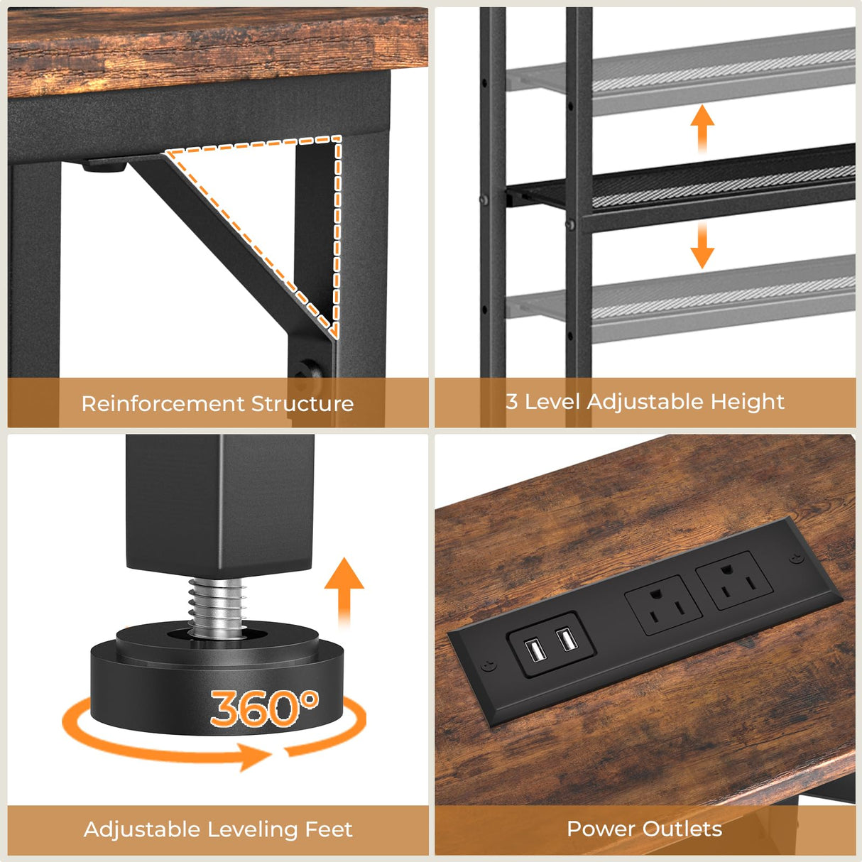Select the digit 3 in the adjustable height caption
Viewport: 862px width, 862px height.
pyautogui.click(x=511, y=401)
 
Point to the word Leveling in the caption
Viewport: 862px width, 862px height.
pyautogui.click(x=252, y=829)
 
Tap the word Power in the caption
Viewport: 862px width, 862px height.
pyautogui.click(x=600, y=829)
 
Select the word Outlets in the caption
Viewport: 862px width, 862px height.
pyautogui.click(x=682, y=829)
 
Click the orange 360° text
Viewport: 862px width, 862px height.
pyautogui.click(x=263, y=708)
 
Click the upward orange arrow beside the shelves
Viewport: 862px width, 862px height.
pyautogui.click(x=702, y=128)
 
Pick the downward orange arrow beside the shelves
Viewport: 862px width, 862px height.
pyautogui.click(x=702, y=245)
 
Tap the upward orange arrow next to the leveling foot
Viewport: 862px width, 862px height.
pyautogui.click(x=344, y=589)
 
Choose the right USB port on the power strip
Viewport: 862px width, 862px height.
pyautogui.click(x=567, y=640)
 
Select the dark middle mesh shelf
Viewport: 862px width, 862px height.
pyautogui.click(x=710, y=186)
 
